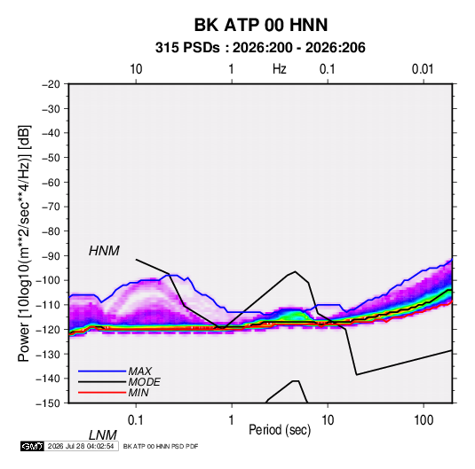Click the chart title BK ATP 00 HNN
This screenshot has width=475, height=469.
coord(260,25)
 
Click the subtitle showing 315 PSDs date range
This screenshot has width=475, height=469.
coord(260,48)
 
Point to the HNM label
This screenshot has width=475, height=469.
coord(104,251)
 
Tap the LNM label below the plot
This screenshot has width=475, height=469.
coord(102,435)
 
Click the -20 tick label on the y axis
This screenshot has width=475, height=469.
coord(51,84)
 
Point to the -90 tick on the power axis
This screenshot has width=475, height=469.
coord(51,256)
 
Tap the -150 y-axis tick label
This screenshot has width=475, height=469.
coord(48,403)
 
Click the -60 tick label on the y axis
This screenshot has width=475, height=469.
coord(51,182)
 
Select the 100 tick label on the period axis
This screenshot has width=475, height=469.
coord(423,420)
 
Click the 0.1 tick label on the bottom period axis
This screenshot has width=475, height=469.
coord(136,420)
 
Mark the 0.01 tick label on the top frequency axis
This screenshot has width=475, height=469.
coord(423,69)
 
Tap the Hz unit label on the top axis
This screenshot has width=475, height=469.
coord(280,69)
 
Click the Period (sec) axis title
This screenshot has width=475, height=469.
coord(280,430)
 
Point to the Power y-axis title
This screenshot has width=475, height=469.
coord(24,244)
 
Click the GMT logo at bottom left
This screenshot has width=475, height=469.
coord(32,446)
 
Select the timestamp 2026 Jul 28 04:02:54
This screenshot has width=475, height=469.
coord(81,446)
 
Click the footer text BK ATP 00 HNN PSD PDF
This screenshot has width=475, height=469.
coord(161,446)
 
